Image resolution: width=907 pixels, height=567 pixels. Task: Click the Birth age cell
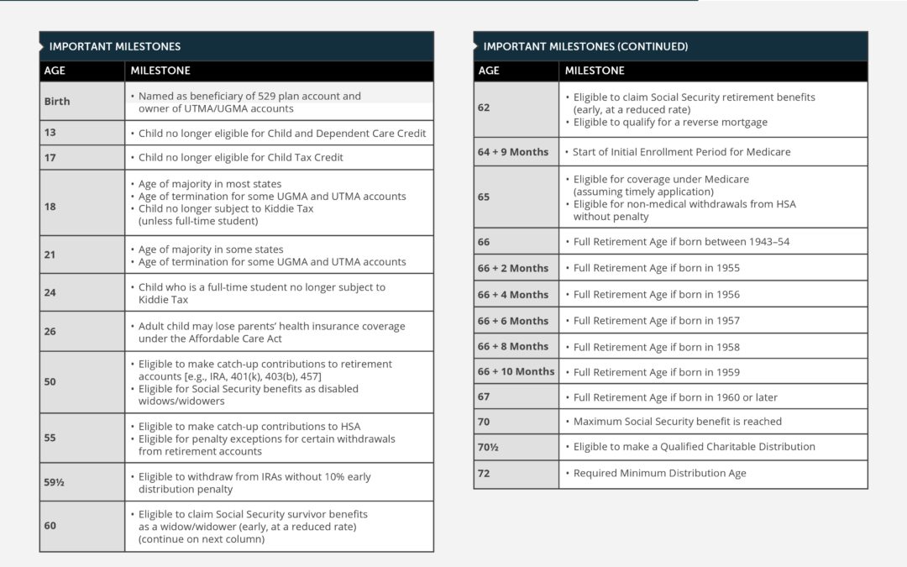(57, 102)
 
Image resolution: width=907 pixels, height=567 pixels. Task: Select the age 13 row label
(50, 133)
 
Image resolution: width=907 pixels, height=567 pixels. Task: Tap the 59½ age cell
(55, 482)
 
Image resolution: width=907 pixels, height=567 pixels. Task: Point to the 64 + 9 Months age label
(513, 152)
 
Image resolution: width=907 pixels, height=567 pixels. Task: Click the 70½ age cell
(488, 447)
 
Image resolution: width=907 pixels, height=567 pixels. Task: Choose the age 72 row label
(484, 474)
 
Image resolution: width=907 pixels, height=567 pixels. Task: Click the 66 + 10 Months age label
(516, 371)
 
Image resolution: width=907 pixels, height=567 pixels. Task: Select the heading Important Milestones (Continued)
(585, 46)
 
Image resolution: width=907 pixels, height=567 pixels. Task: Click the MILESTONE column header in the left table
(160, 71)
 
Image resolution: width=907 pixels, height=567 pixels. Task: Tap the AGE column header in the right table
(489, 71)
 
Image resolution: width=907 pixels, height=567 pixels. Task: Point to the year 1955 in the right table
(726, 268)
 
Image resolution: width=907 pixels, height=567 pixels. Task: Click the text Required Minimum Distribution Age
(659, 474)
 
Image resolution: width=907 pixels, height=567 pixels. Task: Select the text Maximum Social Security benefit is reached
(677, 422)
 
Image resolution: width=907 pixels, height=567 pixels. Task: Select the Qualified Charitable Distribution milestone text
(694, 447)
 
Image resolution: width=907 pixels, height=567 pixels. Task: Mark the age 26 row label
(50, 332)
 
